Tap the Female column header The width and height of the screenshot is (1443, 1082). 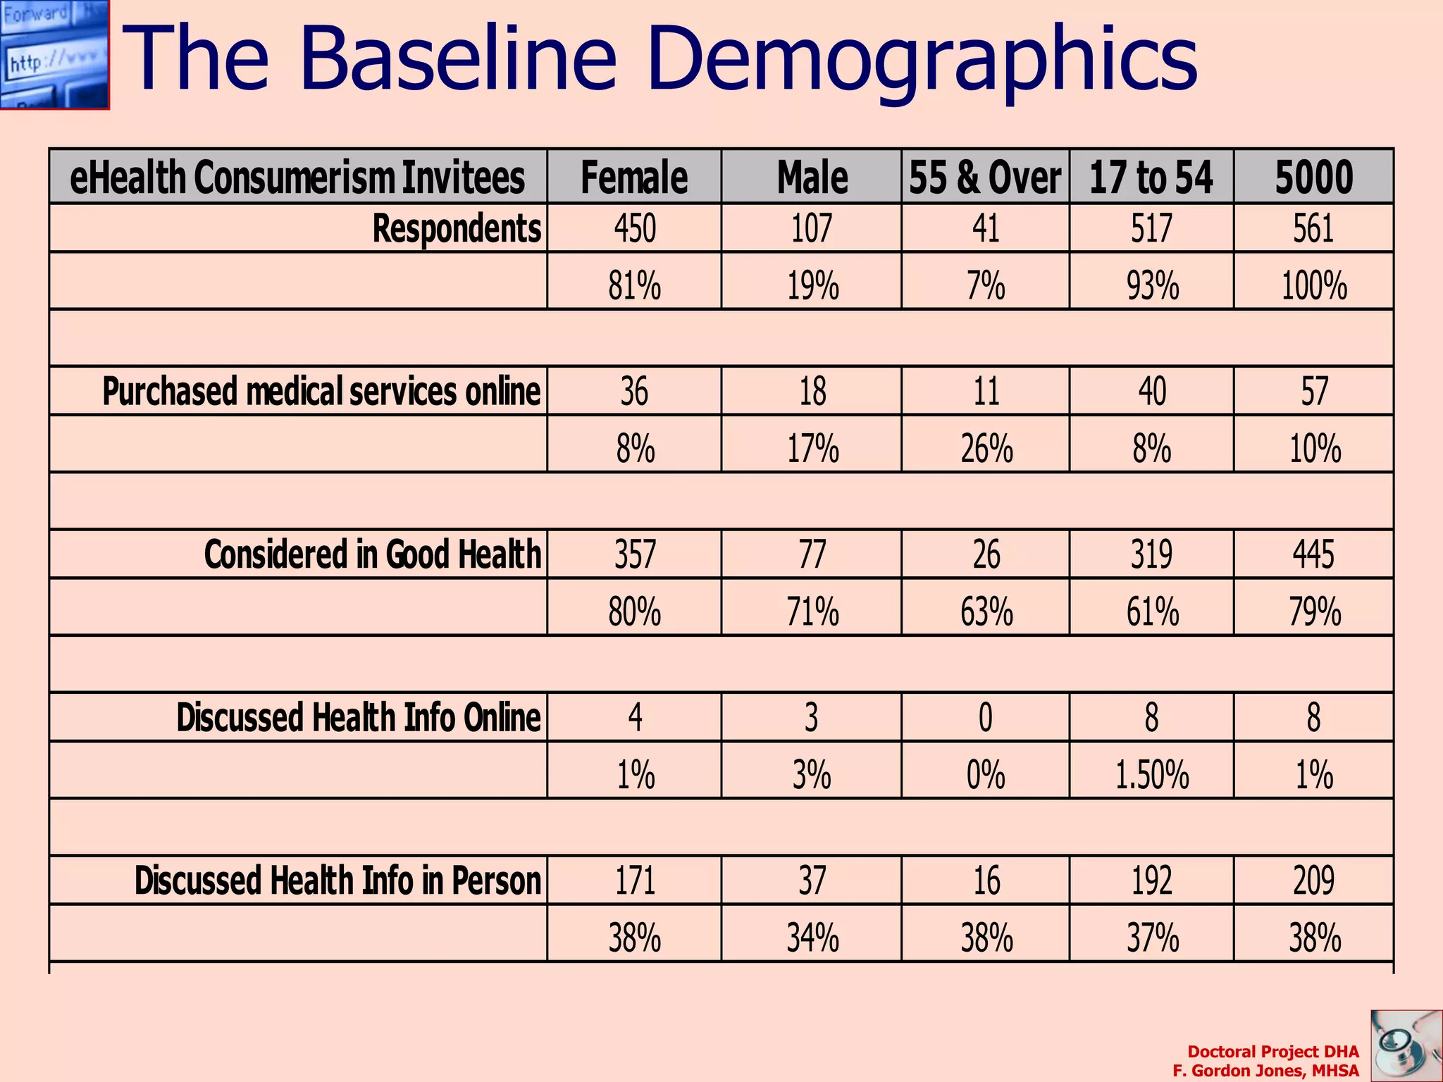[x=634, y=177]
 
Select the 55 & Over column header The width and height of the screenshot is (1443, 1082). [x=985, y=177]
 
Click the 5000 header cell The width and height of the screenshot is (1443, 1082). [x=1313, y=177]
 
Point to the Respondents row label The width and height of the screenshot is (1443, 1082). [x=457, y=229]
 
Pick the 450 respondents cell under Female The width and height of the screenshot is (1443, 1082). [x=635, y=229]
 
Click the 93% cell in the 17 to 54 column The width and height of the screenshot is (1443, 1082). [x=1152, y=286]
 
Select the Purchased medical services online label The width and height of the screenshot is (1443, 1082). [x=321, y=391]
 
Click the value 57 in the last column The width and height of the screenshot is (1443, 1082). [x=1314, y=391]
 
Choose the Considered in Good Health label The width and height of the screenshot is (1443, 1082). [x=373, y=554]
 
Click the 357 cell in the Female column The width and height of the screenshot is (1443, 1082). [x=635, y=554]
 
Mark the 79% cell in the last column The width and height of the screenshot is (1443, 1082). [x=1314, y=611]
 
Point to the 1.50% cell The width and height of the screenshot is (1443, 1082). [x=1152, y=775]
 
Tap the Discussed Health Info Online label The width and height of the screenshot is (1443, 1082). [x=358, y=718]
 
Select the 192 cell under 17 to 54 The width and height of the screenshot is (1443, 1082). [x=1152, y=881]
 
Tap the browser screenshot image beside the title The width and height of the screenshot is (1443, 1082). [x=54, y=54]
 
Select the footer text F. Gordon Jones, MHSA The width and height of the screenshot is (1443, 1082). [x=1265, y=1071]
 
